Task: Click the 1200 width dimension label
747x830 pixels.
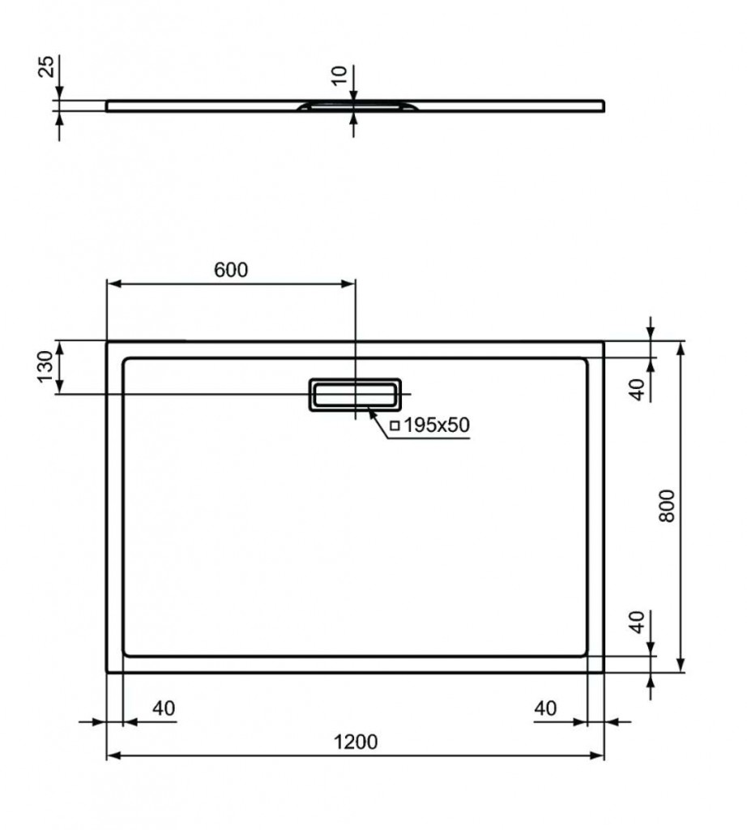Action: click(355, 742)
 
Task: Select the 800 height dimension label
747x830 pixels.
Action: click(668, 506)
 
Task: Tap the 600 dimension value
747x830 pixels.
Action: click(231, 270)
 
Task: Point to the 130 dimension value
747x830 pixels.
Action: click(45, 367)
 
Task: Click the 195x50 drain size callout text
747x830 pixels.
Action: click(436, 425)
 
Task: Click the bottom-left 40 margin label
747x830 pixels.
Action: click(163, 708)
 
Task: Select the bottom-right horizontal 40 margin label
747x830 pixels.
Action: click(546, 708)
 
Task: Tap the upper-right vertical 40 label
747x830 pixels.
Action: click(639, 389)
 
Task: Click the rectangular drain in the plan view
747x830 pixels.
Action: click(354, 394)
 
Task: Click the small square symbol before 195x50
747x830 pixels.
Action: click(394, 426)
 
